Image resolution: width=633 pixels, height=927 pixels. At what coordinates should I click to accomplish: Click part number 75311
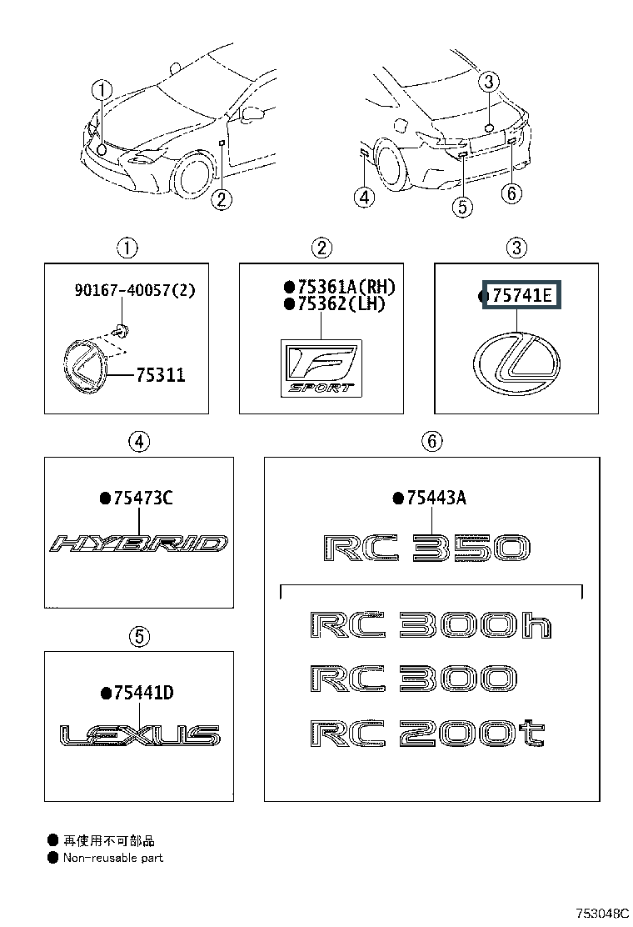159,375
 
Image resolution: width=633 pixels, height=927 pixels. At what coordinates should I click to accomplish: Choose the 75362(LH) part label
340,304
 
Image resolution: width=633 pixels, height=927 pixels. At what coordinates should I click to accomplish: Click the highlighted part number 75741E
524,295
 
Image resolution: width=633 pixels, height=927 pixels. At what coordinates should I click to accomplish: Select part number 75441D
142,693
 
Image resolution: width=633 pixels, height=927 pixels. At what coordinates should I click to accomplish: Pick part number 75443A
435,499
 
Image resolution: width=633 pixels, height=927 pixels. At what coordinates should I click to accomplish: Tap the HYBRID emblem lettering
139,544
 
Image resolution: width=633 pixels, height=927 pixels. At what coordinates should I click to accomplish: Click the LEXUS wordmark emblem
140,735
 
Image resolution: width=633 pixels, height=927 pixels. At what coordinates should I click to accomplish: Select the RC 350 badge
426,548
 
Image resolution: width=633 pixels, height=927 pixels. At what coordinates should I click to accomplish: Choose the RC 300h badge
430,626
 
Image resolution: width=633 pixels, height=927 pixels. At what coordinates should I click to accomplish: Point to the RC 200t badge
426,734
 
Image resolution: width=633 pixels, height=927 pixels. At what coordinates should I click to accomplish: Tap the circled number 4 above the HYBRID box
138,442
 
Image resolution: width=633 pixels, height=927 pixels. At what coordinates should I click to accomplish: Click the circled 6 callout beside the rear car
512,194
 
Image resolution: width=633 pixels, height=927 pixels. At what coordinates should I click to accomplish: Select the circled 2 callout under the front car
221,198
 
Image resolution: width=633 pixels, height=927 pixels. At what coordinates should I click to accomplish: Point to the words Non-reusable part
113,858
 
